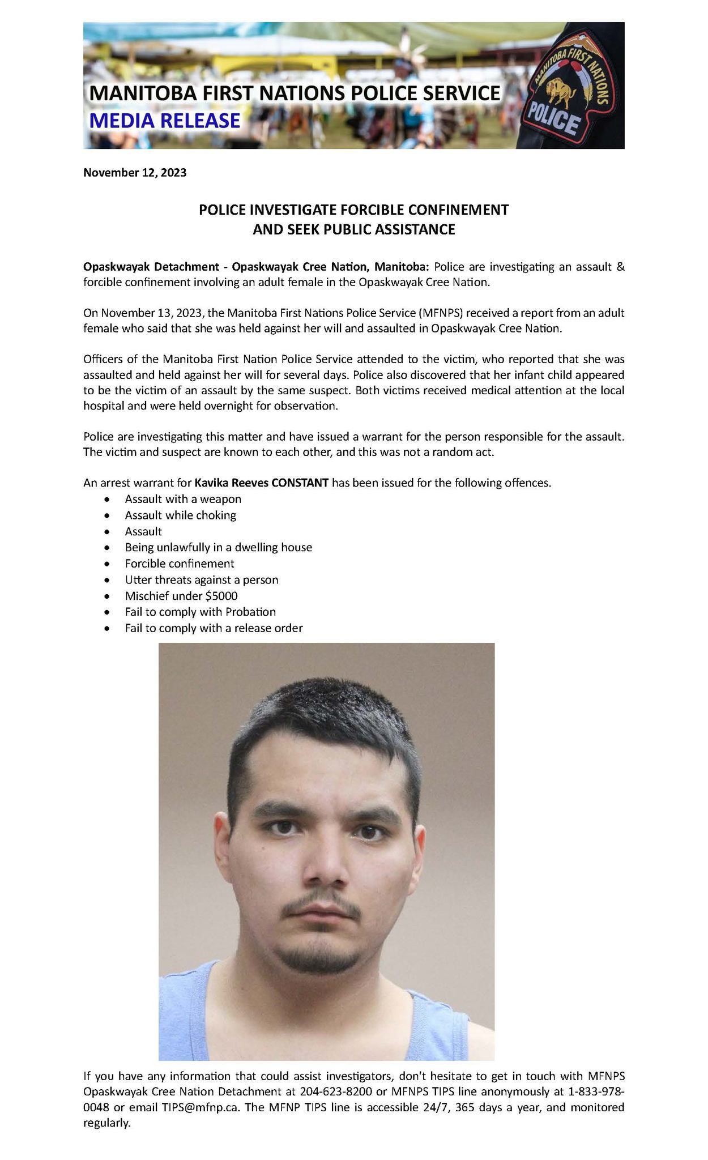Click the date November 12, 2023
coord(135,173)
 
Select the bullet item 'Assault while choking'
coord(180,515)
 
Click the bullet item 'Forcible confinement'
coord(180,564)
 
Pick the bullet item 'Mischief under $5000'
coord(181,596)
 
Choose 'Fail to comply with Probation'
coord(201,612)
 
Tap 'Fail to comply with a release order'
coord(214,628)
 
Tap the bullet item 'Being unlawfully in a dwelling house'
coord(219,548)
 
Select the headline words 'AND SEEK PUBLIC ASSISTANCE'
coord(353,229)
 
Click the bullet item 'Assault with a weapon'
coord(183,499)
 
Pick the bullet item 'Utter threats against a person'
coord(202,580)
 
